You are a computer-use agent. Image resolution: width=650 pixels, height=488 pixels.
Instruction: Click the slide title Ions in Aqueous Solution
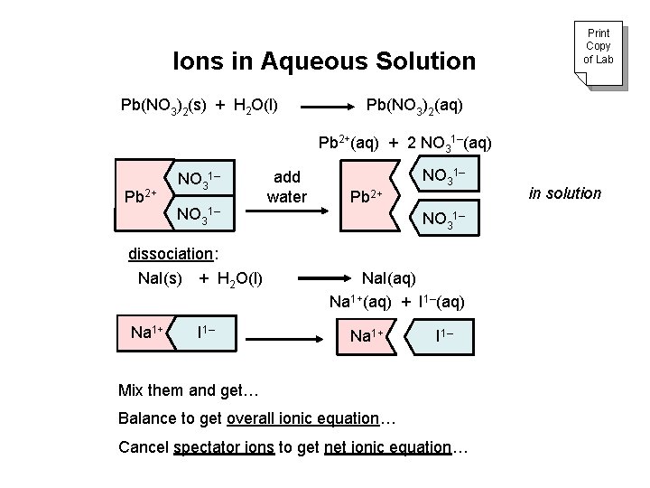324,61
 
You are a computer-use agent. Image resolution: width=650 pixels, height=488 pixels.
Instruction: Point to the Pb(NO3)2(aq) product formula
414,106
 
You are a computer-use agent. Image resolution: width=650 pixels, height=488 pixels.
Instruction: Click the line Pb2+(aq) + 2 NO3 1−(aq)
405,143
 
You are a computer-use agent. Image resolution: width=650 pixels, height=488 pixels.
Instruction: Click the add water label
287,185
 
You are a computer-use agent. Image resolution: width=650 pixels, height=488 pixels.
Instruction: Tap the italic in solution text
563,192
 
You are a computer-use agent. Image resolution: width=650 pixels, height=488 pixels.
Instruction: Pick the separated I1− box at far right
444,336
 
